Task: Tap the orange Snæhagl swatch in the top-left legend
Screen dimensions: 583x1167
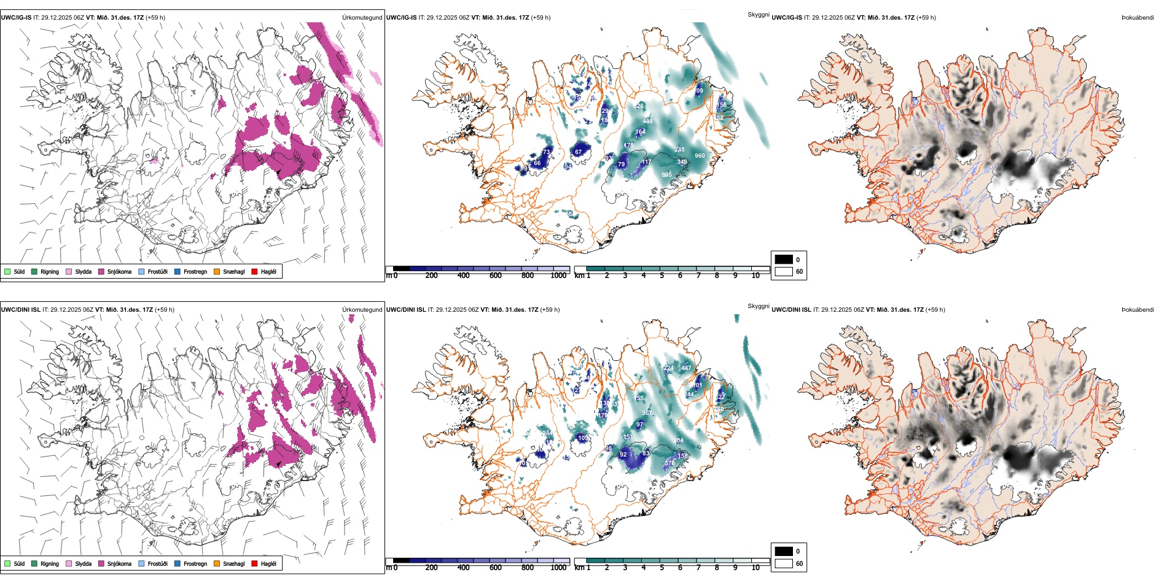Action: coord(217,271)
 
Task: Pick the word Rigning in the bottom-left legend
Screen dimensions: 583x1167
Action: coord(50,563)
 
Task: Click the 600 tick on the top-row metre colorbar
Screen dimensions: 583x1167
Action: coord(496,276)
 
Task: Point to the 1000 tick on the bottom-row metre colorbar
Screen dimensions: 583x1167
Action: coord(558,568)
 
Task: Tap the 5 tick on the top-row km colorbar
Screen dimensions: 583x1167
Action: coord(662,276)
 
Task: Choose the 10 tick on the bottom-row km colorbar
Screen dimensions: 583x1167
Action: coord(755,568)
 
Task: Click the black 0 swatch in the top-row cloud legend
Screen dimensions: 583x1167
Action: coord(784,260)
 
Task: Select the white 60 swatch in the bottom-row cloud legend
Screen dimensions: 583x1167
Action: coord(784,563)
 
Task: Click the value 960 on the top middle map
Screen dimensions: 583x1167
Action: coord(700,156)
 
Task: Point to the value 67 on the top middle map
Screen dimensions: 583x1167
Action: coord(578,152)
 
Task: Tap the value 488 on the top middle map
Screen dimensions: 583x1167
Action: coord(647,122)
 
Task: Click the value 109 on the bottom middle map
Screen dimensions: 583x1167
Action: coord(583,438)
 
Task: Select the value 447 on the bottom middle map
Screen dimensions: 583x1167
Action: coord(686,368)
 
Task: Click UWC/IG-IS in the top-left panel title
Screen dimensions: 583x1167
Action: coord(16,18)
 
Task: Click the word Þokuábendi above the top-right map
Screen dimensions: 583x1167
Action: coord(1138,18)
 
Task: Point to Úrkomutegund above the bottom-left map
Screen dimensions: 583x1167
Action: coord(362,310)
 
